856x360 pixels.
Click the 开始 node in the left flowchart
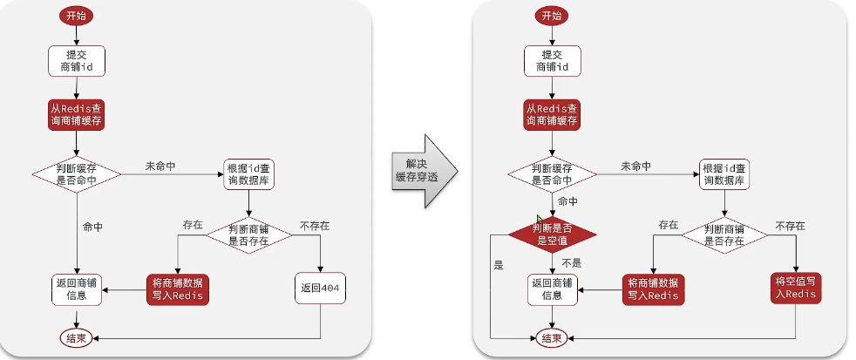[x=77, y=16]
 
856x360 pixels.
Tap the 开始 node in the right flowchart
[x=552, y=16]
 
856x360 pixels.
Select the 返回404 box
[x=321, y=288]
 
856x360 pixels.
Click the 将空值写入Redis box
[x=797, y=287]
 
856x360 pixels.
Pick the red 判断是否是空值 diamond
[x=553, y=234]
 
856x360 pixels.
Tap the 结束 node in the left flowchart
[x=77, y=336]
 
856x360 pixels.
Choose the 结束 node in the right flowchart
[x=552, y=337]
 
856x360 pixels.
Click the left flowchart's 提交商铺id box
[x=77, y=61]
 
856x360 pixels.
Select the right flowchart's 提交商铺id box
[x=552, y=61]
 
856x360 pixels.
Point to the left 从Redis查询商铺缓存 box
[x=77, y=115]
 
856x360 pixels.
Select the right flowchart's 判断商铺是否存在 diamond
[x=727, y=233]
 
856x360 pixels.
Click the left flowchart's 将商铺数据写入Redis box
[x=178, y=288]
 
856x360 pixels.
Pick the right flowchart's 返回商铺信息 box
[x=552, y=288]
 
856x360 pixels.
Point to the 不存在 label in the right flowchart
[x=790, y=225]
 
